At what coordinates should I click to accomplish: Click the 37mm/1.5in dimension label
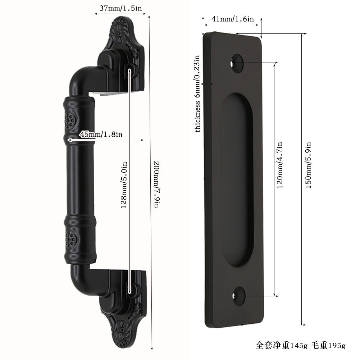pyautogui.click(x=120, y=8)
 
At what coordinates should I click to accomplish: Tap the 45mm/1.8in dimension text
pyautogui.click(x=101, y=134)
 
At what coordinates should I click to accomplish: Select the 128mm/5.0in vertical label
pyautogui.click(x=124, y=185)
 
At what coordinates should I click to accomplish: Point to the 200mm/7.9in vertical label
pyautogui.click(x=156, y=184)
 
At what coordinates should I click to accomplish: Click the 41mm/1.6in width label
pyautogui.click(x=233, y=19)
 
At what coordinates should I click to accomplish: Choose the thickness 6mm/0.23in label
pyautogui.click(x=197, y=94)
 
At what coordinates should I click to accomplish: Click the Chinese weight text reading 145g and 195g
pyautogui.click(x=301, y=345)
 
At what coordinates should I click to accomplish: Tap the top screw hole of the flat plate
pyautogui.click(x=237, y=63)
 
